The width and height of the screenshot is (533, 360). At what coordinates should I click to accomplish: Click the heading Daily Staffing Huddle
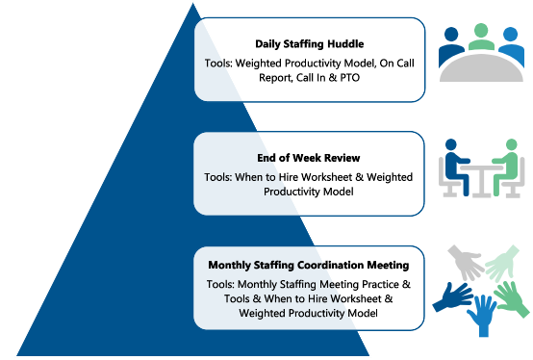309,44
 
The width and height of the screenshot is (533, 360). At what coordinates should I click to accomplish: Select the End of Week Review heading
309,157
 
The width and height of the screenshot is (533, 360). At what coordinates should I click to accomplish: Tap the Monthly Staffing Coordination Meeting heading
309,264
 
